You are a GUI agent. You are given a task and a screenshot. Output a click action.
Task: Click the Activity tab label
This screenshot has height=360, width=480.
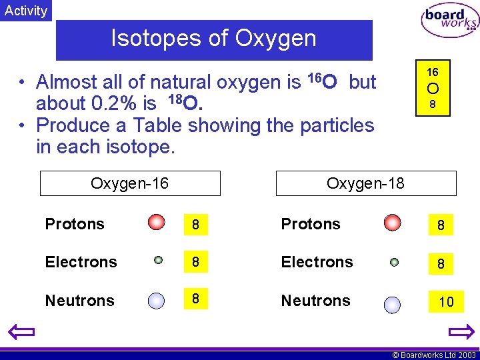tap(26, 11)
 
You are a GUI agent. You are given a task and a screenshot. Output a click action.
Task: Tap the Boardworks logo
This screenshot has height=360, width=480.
tap(449, 20)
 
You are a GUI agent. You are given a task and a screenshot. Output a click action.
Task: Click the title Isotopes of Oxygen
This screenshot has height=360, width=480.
tap(213, 39)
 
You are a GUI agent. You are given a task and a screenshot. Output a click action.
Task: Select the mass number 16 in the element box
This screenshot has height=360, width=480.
tap(432, 72)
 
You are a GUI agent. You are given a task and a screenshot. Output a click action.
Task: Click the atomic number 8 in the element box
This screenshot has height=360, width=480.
tap(432, 105)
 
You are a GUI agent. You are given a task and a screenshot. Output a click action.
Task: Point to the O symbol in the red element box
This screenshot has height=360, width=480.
tap(432, 89)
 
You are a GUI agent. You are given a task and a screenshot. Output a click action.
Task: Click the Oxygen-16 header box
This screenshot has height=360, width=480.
tap(130, 183)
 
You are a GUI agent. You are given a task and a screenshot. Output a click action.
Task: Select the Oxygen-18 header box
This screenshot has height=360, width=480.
tap(366, 183)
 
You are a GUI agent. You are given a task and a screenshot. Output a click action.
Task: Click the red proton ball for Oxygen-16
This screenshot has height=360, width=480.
tap(157, 222)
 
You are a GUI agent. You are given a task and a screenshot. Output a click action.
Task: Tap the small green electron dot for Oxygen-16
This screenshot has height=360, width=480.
tap(158, 261)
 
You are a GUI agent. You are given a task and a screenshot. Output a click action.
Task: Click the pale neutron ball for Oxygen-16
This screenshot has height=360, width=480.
tap(156, 301)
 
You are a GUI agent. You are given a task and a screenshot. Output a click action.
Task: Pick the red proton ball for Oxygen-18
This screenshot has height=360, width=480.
tap(393, 222)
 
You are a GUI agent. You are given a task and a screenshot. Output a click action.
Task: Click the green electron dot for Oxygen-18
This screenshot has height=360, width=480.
tap(394, 263)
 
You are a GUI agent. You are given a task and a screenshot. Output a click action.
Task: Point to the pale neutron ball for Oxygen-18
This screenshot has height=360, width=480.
tap(392, 305)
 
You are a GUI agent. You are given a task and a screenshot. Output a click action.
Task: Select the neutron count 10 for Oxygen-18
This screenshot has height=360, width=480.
tap(446, 302)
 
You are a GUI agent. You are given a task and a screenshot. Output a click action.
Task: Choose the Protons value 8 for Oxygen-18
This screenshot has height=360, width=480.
tap(441, 226)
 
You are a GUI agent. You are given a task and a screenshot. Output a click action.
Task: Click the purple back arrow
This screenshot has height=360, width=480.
tap(21, 331)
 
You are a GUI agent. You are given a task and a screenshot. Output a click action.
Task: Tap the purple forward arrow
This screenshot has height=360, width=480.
tap(461, 331)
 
